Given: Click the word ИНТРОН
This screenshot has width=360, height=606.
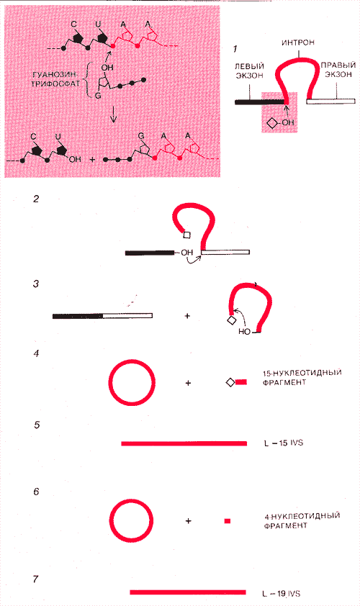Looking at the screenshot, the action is tap(298, 42).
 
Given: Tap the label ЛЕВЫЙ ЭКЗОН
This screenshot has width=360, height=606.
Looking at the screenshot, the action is tap(249, 71).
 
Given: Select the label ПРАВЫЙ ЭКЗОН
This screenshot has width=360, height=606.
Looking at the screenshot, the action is tap(338, 70).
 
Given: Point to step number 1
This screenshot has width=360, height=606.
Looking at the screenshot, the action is tap(235, 49).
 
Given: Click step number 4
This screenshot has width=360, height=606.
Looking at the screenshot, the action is tap(36, 353).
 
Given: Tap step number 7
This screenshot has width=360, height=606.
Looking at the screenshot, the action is tap(36, 579).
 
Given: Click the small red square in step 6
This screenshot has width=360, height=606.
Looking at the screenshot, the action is tap(228, 521).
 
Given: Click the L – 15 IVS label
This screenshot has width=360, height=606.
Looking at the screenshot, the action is tap(284, 443).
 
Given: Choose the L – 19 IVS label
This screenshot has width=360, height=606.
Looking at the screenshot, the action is tap(281, 593).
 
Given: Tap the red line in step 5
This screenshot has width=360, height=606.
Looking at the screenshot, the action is tap(184, 443).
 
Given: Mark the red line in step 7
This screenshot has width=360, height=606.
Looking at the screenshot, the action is tap(188, 592).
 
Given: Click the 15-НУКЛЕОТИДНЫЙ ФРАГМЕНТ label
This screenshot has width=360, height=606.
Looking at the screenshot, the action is tap(302, 378).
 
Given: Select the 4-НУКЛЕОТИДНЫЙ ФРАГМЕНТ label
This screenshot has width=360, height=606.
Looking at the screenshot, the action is tap(302, 520).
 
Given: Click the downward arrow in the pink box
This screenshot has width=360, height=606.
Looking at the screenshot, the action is tap(113, 114).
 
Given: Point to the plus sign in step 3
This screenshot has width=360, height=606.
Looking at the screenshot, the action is tap(187, 316).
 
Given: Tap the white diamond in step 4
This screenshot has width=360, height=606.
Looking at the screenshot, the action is tap(230, 382).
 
